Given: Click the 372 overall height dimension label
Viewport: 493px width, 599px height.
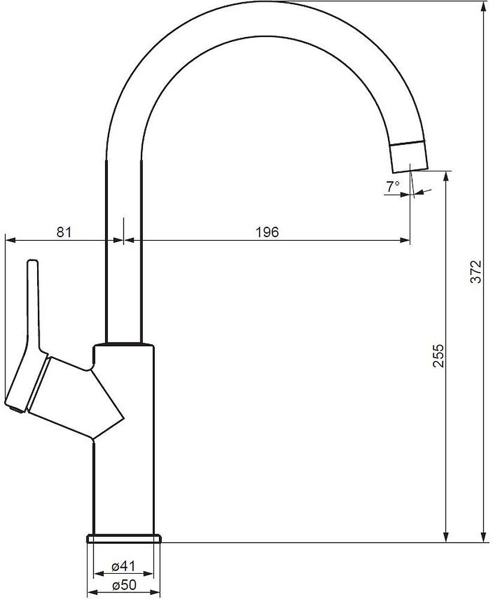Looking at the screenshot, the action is pyautogui.click(x=476, y=271).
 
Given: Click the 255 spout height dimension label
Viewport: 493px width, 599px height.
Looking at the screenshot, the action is pyautogui.click(x=438, y=356).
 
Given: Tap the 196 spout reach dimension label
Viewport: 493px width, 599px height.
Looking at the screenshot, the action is pyautogui.click(x=267, y=232).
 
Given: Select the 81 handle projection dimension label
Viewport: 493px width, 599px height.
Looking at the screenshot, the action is pyautogui.click(x=64, y=232).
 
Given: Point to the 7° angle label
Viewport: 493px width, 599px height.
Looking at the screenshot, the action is pyautogui.click(x=393, y=187).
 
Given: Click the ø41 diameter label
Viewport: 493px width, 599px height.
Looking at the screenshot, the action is pyautogui.click(x=124, y=566).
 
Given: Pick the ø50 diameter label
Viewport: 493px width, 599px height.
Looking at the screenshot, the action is pyautogui.click(x=124, y=585).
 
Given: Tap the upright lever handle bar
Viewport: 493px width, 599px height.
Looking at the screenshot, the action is pyautogui.click(x=33, y=305).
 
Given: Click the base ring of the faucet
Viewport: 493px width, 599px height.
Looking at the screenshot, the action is pyautogui.click(x=124, y=539).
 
